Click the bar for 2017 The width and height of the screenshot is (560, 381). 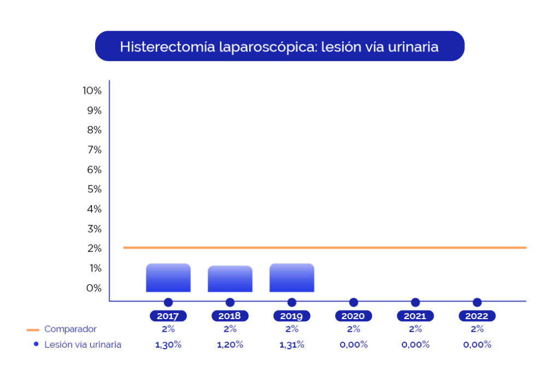tap(168, 278)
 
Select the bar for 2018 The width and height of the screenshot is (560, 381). tap(230, 279)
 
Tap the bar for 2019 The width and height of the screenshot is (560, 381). tap(292, 278)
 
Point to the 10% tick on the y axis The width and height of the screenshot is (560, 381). tap(92, 91)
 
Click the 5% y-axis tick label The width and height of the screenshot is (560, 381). tap(94, 189)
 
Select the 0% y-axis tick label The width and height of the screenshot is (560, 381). tap(94, 288)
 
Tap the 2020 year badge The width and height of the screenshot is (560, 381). tap(353, 316)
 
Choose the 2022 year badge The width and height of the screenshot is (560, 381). tap(477, 316)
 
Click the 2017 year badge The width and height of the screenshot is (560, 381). tap(168, 316)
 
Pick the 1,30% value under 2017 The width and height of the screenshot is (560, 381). tap(168, 344)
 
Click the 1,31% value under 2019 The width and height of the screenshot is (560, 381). tap(292, 344)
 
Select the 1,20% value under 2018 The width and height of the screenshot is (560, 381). tap(230, 344)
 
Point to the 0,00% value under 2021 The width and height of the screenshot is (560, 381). tap(416, 344)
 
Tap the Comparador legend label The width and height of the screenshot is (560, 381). tap(71, 329)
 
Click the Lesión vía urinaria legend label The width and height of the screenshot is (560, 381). tap(83, 344)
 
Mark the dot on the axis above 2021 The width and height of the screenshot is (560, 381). tap(416, 302)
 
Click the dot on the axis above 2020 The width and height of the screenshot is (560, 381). tap(354, 302)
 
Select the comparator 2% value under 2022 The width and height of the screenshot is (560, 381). tap(477, 329)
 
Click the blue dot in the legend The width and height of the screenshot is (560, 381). tap(36, 344)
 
